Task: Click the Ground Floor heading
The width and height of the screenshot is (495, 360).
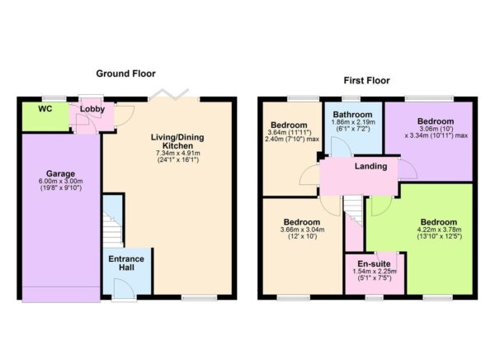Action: coord(126,74)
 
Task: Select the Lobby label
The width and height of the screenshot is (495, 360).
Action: coord(91,109)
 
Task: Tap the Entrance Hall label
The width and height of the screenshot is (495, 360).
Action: coord(127,264)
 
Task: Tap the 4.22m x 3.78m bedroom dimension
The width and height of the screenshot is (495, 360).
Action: coord(438,233)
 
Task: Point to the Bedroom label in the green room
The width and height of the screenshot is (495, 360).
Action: coord(438,222)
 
